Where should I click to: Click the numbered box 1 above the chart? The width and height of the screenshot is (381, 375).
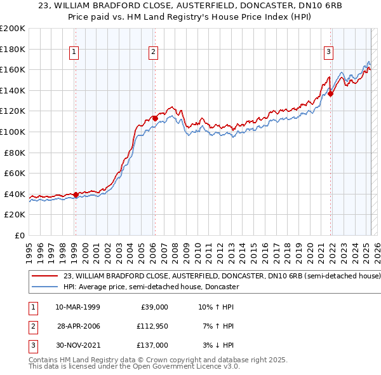pos(75,53)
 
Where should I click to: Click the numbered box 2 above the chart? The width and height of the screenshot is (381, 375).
pos(154,53)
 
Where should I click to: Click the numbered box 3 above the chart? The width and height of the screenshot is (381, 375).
pos(329,53)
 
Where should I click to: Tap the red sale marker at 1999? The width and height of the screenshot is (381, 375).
pos(76,194)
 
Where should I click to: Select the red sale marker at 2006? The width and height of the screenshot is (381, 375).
pos(155,118)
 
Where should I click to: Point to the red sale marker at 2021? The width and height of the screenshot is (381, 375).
pos(331,93)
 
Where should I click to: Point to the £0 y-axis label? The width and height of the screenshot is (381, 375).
pos(19,235)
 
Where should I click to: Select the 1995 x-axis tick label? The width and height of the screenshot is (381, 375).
pos(29,248)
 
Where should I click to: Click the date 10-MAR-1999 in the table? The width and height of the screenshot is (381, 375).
pos(77,307)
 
